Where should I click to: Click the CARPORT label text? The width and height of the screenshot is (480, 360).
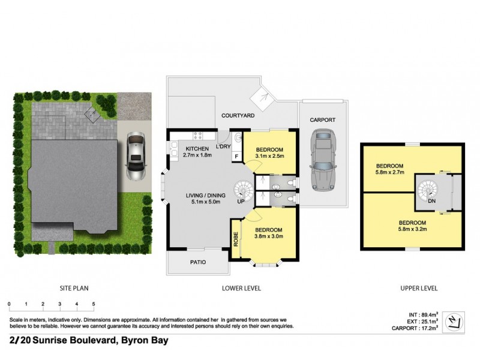pyautogui.click(x=322, y=120)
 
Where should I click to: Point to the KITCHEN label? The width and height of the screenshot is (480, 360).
pyautogui.click(x=197, y=149)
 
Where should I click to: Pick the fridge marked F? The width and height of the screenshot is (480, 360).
pyautogui.click(x=236, y=157)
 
